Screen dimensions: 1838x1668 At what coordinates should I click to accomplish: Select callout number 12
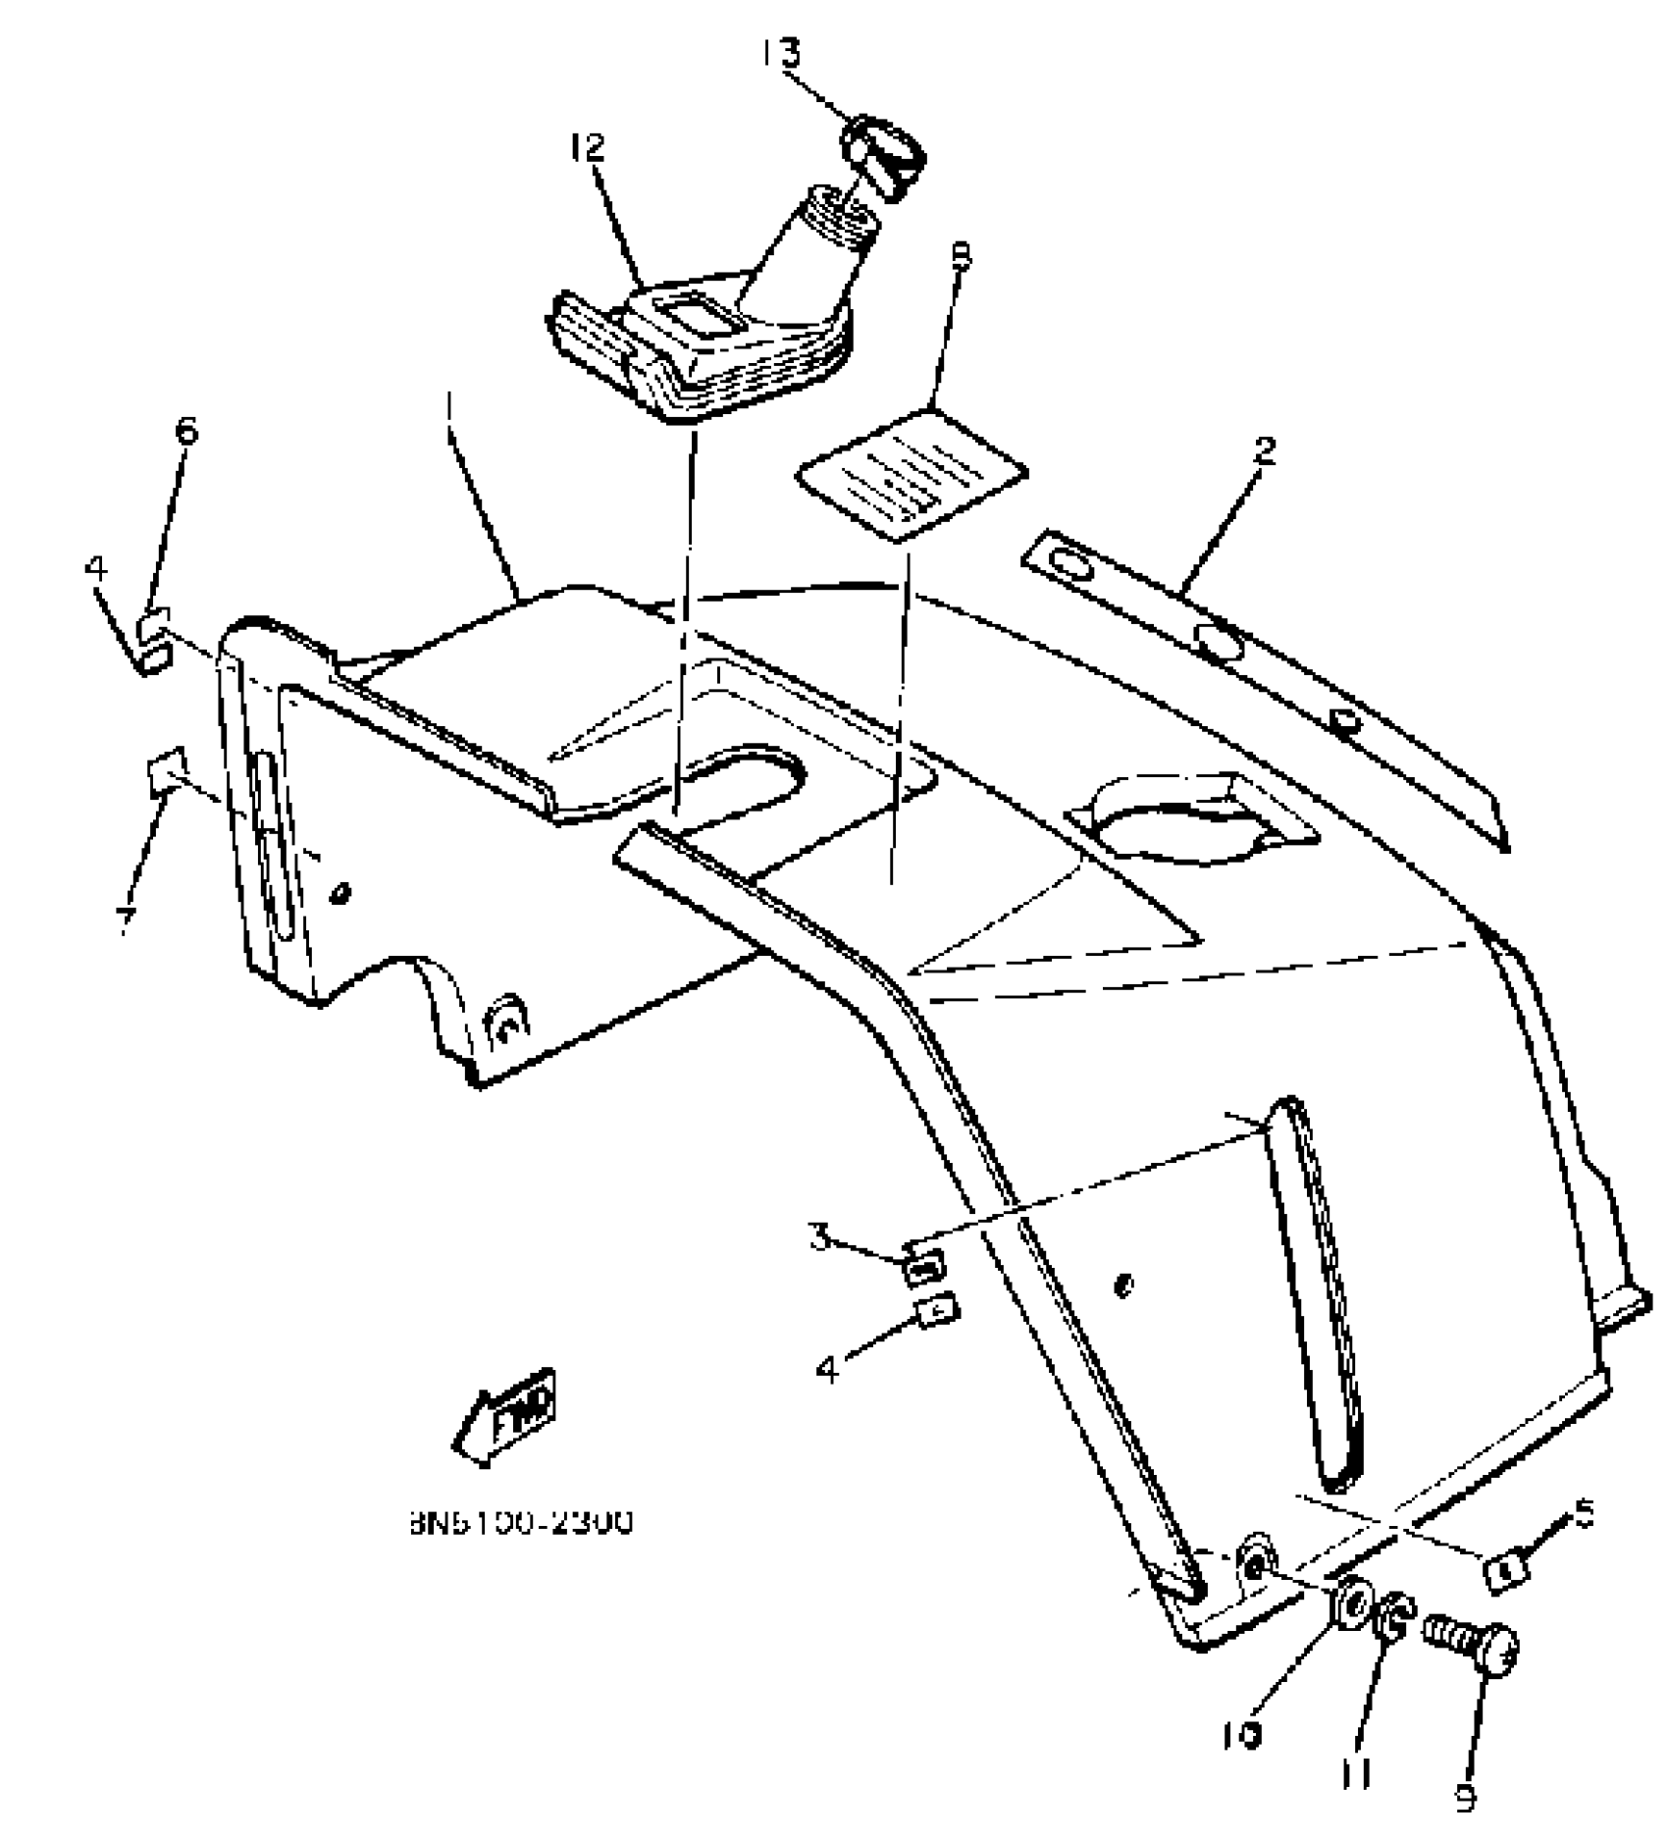pyautogui.click(x=588, y=149)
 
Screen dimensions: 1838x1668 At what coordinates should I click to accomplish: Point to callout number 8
pyautogui.click(x=961, y=257)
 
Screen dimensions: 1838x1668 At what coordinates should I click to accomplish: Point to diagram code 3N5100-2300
pyautogui.click(x=520, y=1522)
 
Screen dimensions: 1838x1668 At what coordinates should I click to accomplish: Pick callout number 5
pyautogui.click(x=1584, y=1514)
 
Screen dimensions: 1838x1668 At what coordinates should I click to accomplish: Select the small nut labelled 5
pyautogui.click(x=1505, y=1573)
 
